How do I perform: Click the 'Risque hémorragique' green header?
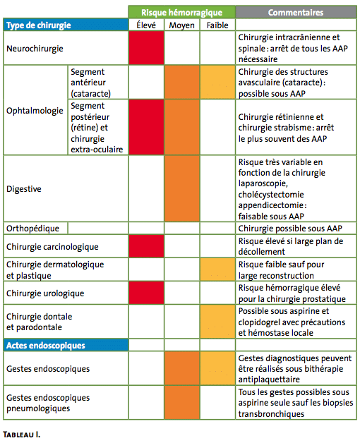tap(182, 12)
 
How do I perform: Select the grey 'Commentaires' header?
tap(296, 12)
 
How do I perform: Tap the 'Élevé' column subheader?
tap(146, 25)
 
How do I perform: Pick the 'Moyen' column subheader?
tap(182, 25)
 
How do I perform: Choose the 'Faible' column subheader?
tap(217, 25)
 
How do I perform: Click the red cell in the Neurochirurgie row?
tap(147, 48)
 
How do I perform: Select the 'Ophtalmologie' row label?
tap(35, 111)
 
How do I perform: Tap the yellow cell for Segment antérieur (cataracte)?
tap(217, 83)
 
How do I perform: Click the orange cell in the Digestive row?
tap(182, 188)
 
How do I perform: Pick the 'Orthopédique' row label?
tap(32, 229)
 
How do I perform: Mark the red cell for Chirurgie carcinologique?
tap(147, 246)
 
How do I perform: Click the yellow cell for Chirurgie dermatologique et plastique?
tap(217, 269)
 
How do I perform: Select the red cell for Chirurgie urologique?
tap(147, 293)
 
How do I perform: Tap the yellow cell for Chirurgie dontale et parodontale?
tap(217, 322)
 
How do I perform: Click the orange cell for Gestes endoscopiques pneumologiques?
tap(182, 402)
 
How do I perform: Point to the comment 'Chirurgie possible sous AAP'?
tap(290, 229)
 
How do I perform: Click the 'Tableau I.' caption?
tap(21, 435)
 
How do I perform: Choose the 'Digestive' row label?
tap(24, 189)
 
